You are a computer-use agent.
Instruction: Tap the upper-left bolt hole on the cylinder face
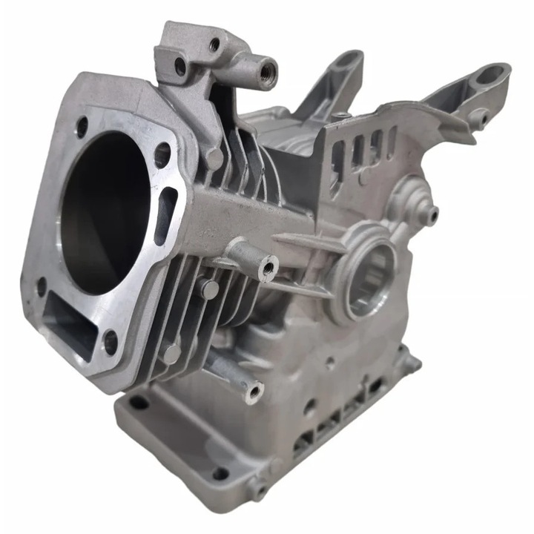[82, 127]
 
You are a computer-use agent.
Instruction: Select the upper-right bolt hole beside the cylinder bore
[162, 154]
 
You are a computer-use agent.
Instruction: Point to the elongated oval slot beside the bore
[165, 215]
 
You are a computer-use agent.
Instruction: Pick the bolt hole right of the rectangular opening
[111, 342]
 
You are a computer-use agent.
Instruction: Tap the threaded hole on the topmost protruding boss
[268, 73]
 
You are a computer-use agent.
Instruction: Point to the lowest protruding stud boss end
[254, 391]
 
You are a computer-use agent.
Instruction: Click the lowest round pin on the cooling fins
[172, 355]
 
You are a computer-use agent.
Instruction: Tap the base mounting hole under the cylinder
[139, 403]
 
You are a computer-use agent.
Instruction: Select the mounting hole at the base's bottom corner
[220, 473]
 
